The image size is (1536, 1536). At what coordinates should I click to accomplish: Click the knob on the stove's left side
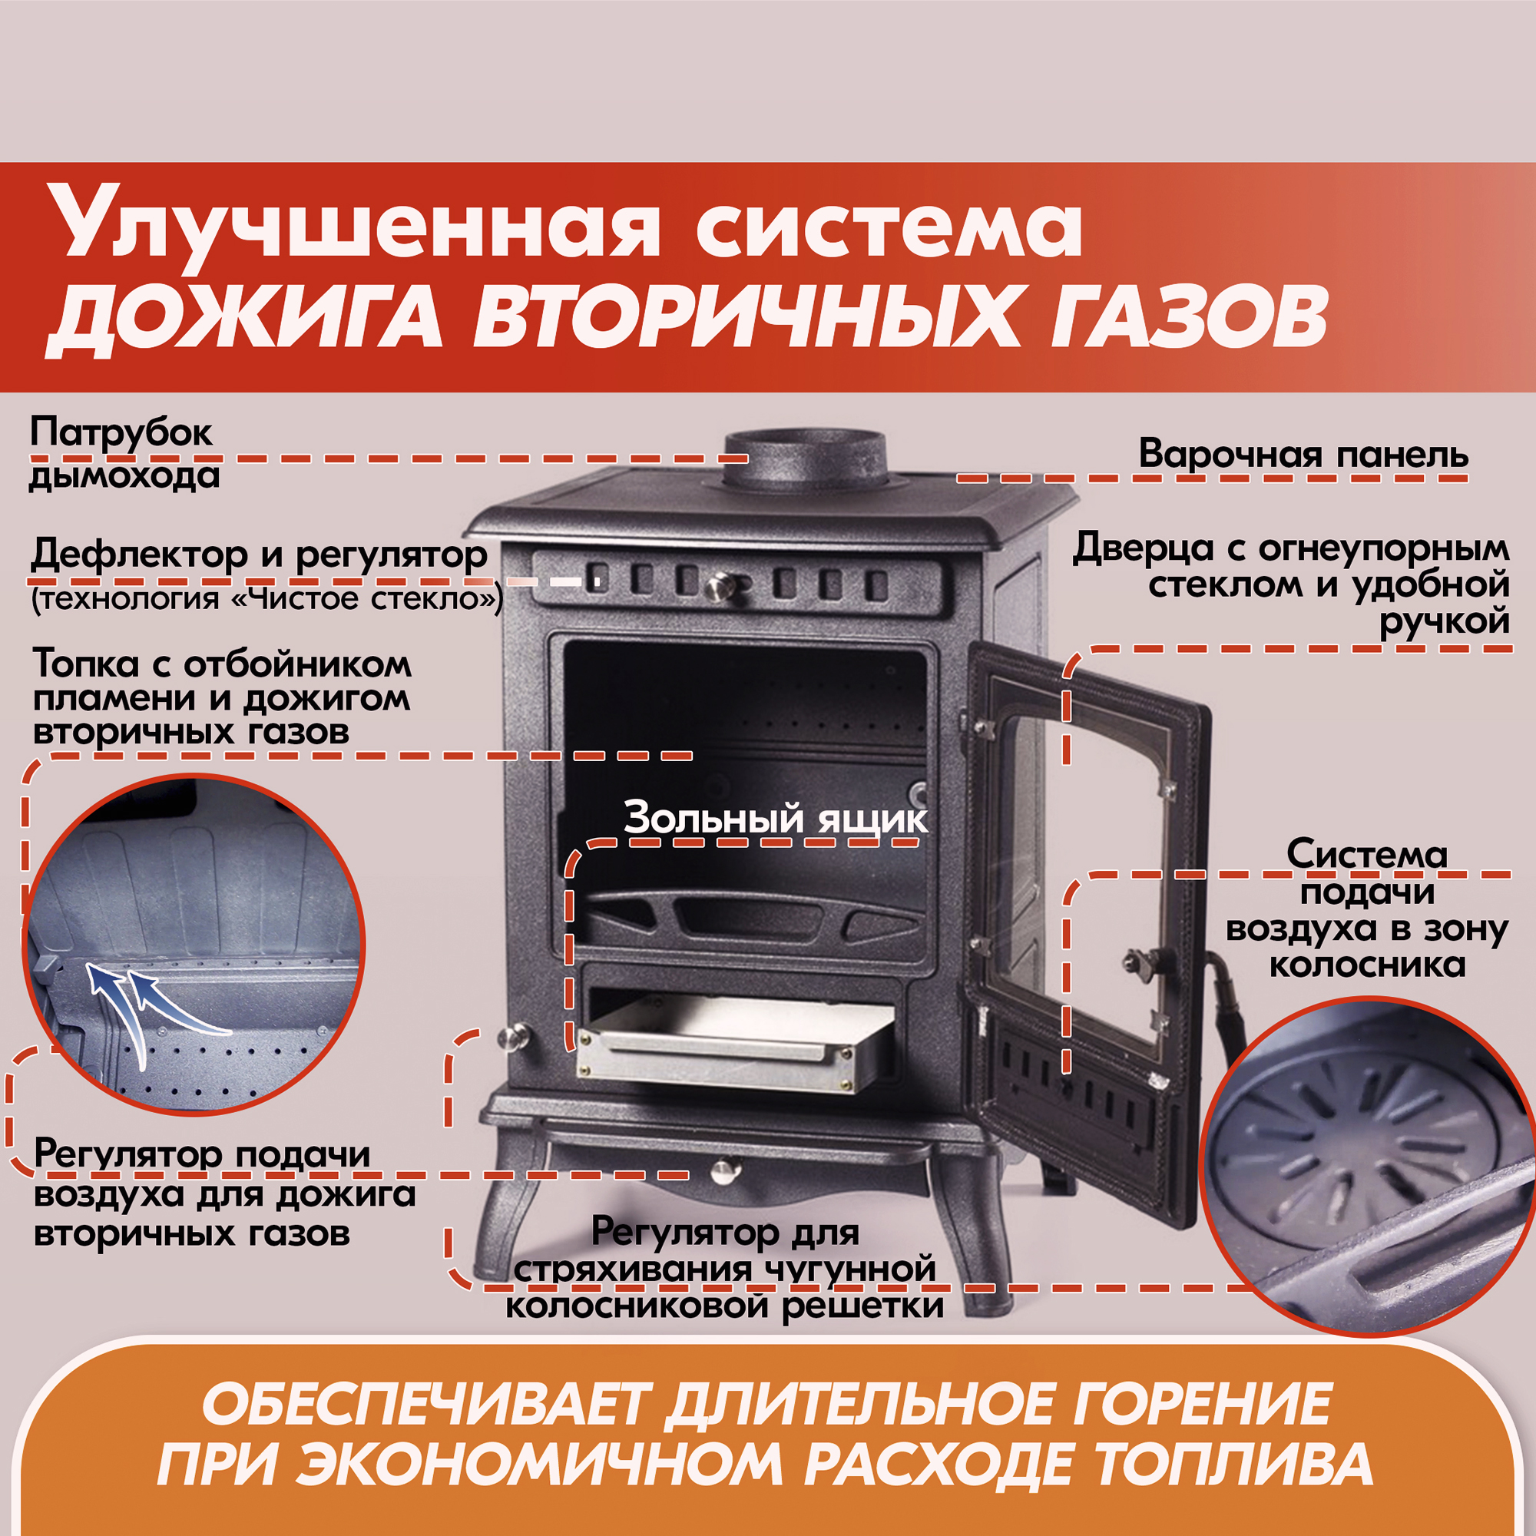(x=514, y=1037)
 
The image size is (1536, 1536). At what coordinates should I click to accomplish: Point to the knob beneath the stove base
(x=723, y=1170)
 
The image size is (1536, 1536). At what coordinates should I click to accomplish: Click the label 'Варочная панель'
(x=1303, y=454)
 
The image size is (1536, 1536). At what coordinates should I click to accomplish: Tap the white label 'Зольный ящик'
(x=775, y=818)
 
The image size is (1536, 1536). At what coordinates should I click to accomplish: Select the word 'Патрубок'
(x=121, y=434)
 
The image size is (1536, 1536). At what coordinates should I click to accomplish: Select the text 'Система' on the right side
(x=1368, y=855)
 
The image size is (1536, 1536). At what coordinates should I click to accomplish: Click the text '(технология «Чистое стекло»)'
(x=267, y=598)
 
